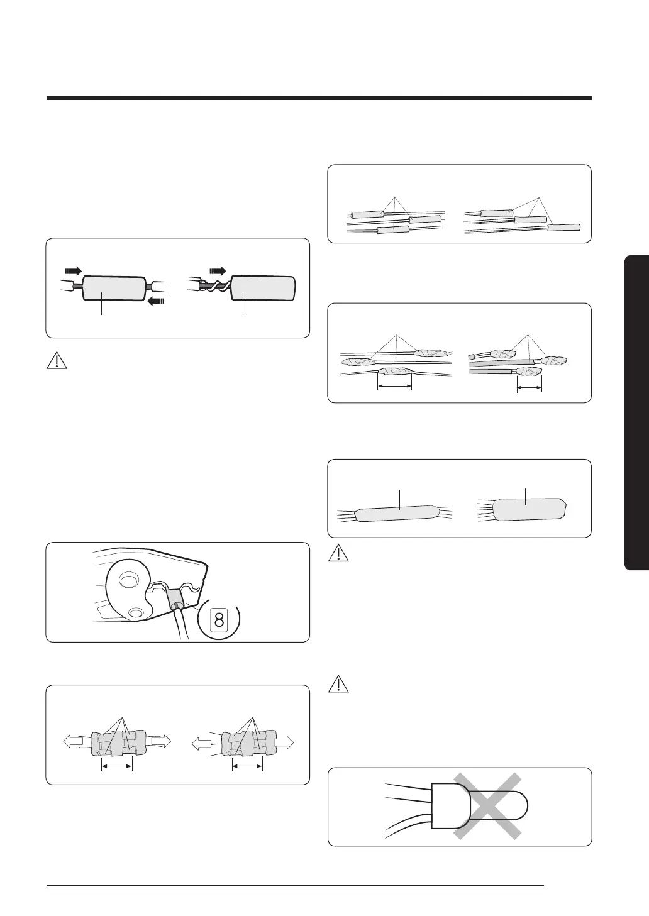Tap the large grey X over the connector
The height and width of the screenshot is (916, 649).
pyautogui.click(x=487, y=806)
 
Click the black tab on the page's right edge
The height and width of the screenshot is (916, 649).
pyautogui.click(x=636, y=412)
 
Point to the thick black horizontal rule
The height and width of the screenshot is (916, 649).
pyautogui.click(x=319, y=98)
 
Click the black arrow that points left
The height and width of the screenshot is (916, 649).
pyautogui.click(x=155, y=301)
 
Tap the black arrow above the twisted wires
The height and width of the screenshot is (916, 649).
pyautogui.click(x=217, y=270)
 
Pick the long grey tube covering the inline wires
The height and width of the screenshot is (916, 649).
pyautogui.click(x=397, y=514)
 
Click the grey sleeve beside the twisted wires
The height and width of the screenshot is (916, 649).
pyautogui.click(x=263, y=290)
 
